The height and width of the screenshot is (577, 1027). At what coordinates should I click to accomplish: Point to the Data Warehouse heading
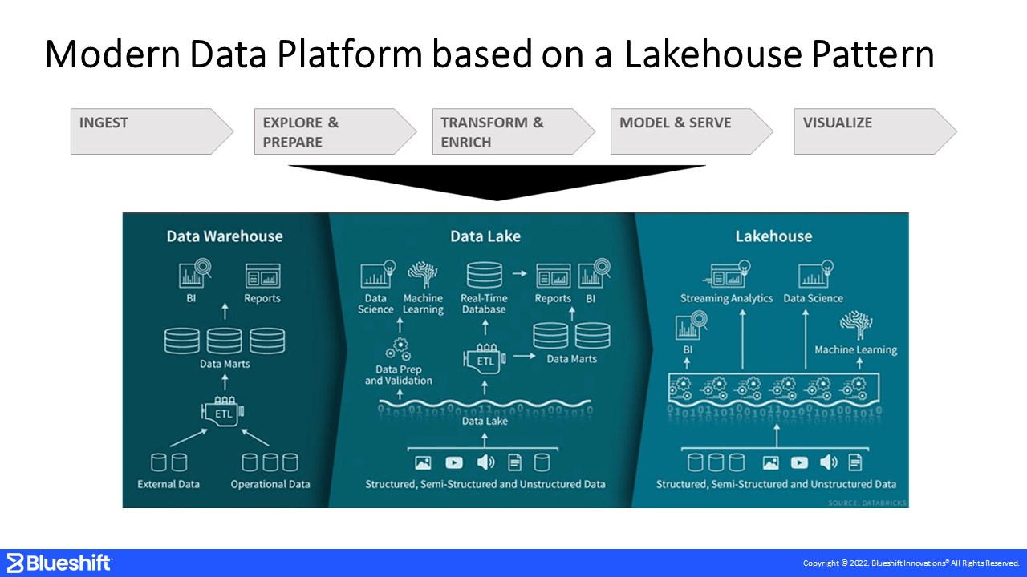[225, 236]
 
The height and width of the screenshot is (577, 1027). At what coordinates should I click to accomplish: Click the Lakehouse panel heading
[773, 236]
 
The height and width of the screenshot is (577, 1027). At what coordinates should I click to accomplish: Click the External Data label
[168, 484]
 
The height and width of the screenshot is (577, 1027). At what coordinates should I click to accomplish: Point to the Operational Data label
[270, 484]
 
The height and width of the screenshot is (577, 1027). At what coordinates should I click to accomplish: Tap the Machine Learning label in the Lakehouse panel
[855, 349]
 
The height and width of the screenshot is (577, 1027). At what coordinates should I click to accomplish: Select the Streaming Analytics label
[726, 298]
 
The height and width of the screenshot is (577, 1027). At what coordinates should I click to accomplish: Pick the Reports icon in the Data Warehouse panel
[262, 276]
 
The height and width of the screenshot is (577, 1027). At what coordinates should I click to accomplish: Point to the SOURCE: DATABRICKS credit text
[866, 502]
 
